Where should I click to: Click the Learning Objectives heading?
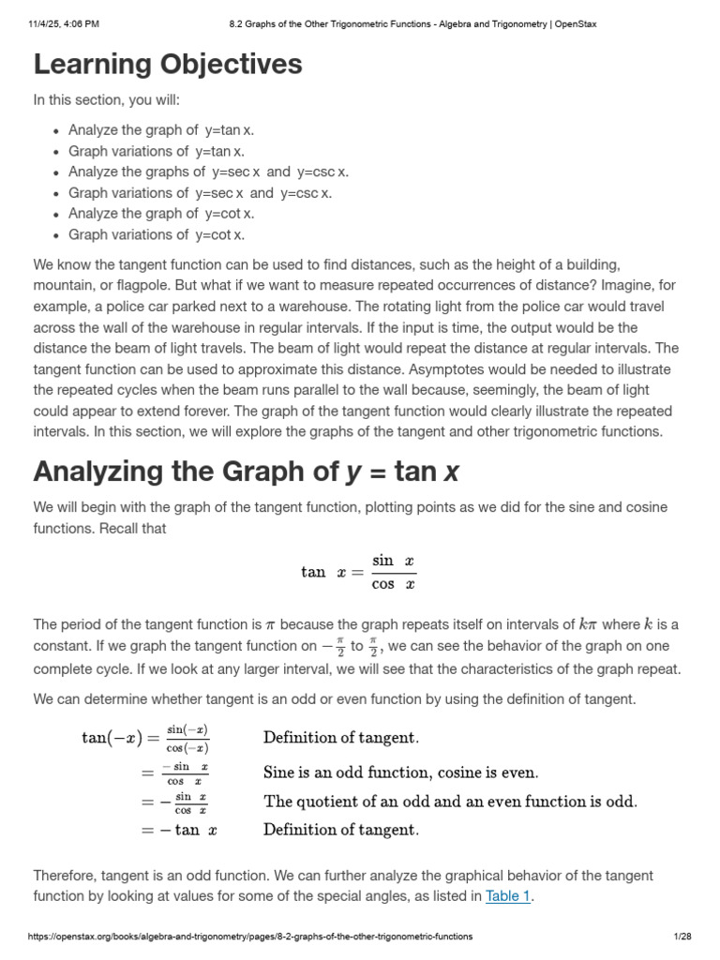pos(168,65)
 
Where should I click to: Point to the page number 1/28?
pos(682,937)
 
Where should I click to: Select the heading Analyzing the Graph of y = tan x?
pos(247,471)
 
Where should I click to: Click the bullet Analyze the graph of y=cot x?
pos(161,214)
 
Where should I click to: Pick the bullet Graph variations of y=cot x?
pos(157,234)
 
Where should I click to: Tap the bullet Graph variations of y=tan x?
pos(156,151)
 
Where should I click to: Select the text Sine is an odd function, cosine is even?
pos(401,773)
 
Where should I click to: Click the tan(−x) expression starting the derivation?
pos(109,738)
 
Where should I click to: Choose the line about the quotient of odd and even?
pos(450,802)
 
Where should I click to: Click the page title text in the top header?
pos(412,24)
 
